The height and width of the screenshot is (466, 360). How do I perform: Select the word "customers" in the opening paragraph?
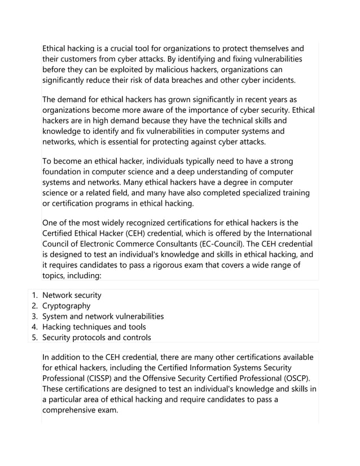81,59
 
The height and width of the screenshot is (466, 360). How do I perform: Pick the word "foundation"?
65,163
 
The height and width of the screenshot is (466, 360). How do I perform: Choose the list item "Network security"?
72,295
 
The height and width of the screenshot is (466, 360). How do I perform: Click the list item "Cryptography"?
66,306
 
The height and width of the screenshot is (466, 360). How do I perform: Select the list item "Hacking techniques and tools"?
94,327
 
